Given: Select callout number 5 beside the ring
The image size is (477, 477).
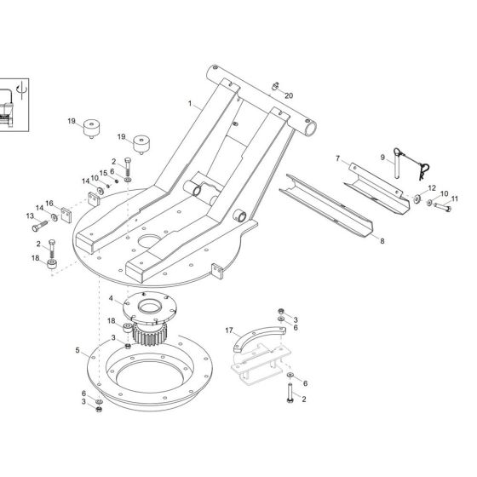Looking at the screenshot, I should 78,350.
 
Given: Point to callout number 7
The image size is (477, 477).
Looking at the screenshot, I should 337,158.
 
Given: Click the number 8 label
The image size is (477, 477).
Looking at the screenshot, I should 382,241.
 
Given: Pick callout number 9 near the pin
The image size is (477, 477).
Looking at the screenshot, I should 382,156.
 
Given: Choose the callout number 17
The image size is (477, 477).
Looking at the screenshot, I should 228,330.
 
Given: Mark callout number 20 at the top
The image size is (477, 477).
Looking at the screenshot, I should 288,95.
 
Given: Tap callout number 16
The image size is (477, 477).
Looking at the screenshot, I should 49,203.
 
